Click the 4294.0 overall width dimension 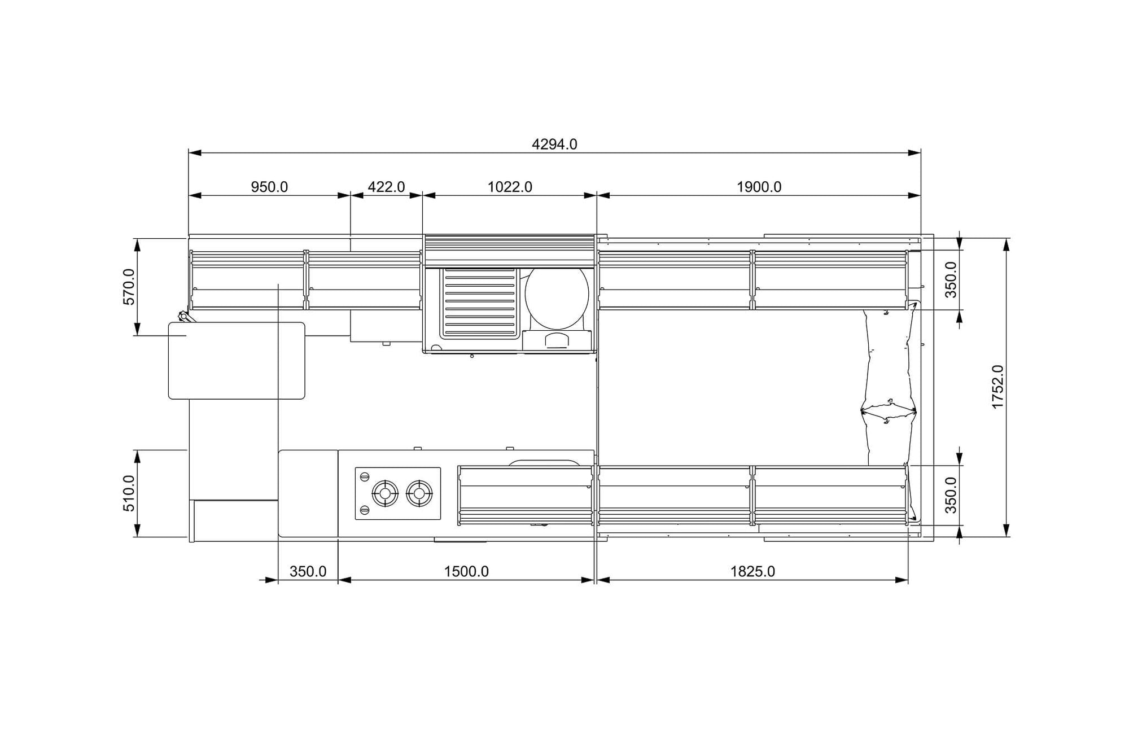click(554, 145)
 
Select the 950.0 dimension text click(269, 187)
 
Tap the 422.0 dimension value click(386, 187)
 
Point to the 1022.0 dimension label click(510, 187)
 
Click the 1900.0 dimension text click(759, 187)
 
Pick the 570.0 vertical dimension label click(129, 287)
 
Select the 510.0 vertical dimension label click(129, 493)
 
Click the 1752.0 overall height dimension click(998, 387)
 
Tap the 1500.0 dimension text click(466, 571)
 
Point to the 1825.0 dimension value click(752, 571)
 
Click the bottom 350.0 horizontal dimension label click(308, 571)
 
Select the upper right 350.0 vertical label click(951, 280)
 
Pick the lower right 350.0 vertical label click(951, 496)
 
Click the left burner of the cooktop click(385, 494)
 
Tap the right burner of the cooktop click(419, 494)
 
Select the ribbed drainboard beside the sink click(479, 303)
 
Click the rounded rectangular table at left click(237, 361)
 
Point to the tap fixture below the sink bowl click(557, 340)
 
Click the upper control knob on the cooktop click(365, 477)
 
